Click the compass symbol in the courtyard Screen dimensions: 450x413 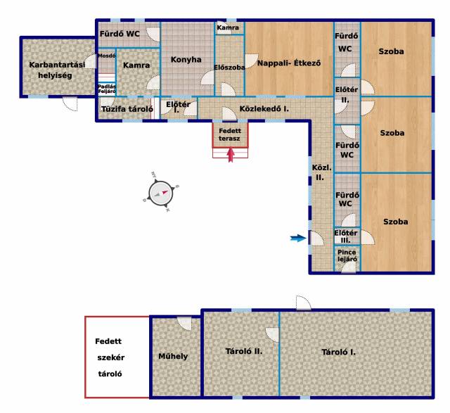click(161, 192)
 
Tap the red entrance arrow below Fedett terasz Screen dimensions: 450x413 click(231, 155)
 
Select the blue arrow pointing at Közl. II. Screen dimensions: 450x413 click(298, 238)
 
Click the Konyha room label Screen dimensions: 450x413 click(186, 60)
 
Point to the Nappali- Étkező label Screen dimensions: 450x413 click(289, 63)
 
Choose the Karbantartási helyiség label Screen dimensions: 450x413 click(57, 70)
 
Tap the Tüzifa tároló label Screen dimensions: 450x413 click(127, 109)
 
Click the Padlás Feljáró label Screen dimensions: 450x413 click(107, 89)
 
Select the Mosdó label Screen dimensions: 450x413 click(106, 56)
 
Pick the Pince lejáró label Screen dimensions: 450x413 click(347, 255)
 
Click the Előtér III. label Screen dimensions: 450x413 click(345, 236)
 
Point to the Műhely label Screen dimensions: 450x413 click(173, 357)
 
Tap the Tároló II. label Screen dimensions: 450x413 click(244, 351)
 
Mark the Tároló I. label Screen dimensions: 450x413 click(338, 352)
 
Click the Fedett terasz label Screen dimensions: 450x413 click(230, 134)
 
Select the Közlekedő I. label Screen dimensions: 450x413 click(264, 109)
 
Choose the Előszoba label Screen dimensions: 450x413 click(229, 68)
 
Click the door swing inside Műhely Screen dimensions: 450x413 click(184, 324)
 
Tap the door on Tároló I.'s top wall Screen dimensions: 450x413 click(304, 303)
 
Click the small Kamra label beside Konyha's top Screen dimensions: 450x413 click(228, 27)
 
